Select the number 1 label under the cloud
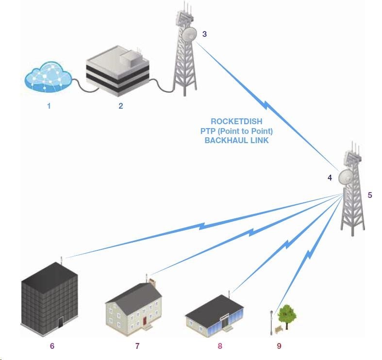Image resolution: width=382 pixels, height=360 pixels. point(49,105)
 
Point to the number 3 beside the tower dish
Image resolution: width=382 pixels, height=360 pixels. point(204,34)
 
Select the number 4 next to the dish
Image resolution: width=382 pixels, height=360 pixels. point(330,178)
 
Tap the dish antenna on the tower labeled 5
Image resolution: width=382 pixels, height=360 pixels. point(347,178)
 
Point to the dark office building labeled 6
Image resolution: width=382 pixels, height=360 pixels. point(49,296)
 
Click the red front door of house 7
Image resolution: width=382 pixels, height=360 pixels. point(144,321)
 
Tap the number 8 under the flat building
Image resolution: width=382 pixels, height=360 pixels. point(220,346)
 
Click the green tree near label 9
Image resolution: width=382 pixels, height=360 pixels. point(286,315)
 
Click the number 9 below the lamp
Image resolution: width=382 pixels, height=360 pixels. point(279,346)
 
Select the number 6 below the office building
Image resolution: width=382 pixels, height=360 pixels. point(52,346)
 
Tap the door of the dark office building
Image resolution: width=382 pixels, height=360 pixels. point(61,322)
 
